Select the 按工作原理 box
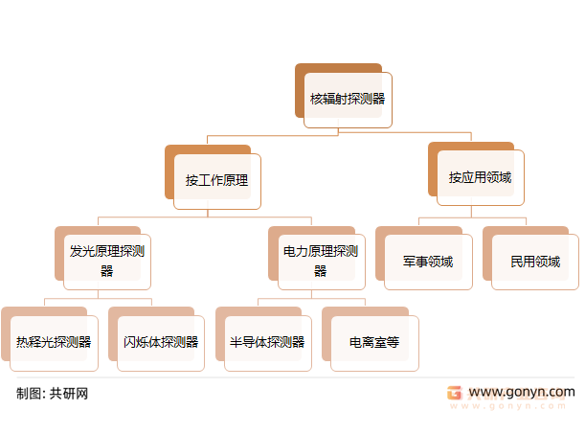pos(216,180)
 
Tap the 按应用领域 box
pos(481,177)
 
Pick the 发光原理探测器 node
pos(107,261)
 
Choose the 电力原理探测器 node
pos(321,261)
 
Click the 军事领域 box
pos(428,262)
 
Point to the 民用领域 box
pos(535,262)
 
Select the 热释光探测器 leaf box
pos(54,342)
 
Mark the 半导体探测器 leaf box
pos(267,342)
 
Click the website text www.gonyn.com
pos(522,392)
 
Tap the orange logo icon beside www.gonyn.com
pos(455,393)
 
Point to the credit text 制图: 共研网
pos(53,393)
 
